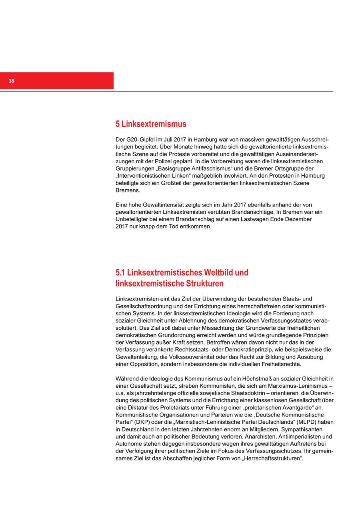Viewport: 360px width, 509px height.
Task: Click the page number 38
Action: (11, 81)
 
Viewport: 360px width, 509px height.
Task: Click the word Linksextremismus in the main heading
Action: (154, 124)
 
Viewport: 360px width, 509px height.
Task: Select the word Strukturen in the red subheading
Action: (204, 284)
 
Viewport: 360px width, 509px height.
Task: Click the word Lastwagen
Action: (254, 219)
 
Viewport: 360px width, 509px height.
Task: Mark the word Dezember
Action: (298, 219)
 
